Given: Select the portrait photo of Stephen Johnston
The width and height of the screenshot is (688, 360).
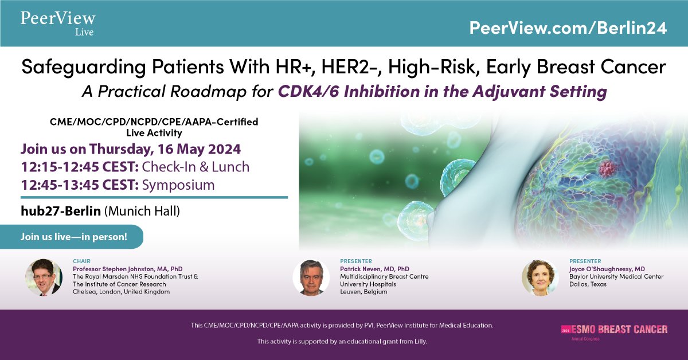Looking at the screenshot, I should [44, 277].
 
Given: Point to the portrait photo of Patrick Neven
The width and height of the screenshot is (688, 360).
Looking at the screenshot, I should [311, 277].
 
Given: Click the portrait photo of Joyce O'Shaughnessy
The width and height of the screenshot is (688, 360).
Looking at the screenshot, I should [541, 277].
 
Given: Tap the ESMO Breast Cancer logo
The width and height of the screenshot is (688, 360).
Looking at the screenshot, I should [614, 331].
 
